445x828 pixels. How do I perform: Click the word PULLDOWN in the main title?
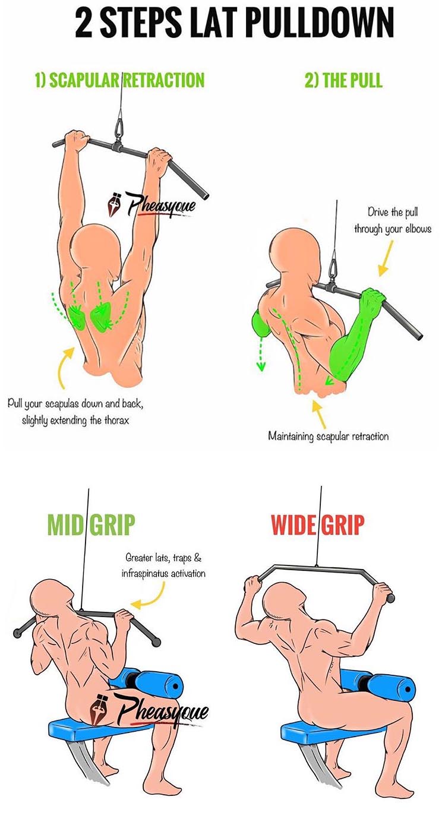click(x=317, y=23)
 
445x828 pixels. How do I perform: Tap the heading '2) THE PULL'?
click(x=343, y=80)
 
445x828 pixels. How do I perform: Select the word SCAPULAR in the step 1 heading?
click(x=84, y=80)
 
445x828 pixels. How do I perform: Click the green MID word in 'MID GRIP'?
click(x=65, y=525)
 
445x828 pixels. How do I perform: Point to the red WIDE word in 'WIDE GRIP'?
click(x=294, y=525)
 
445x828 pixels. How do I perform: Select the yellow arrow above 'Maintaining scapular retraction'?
click(x=320, y=415)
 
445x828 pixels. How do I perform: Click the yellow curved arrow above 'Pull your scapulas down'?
click(x=65, y=367)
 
